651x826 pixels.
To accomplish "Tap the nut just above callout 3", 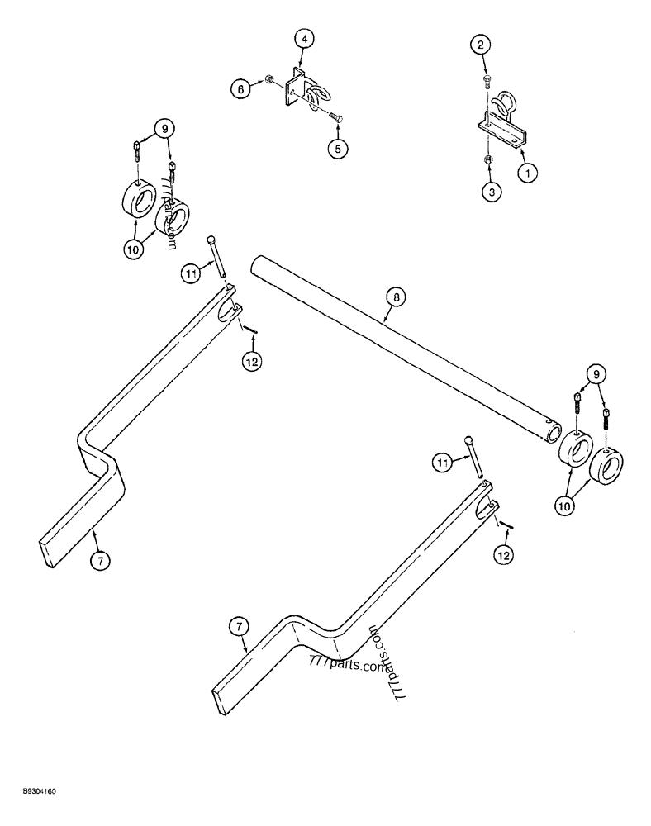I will (488, 159).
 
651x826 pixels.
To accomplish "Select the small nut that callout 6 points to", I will (268, 80).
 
